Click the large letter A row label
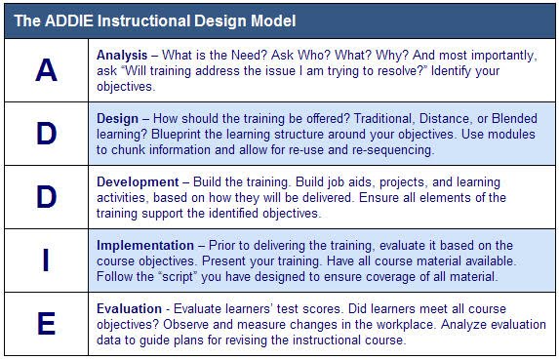pyautogui.click(x=47, y=70)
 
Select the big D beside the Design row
pyautogui.click(x=47, y=134)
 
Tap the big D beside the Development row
pyautogui.click(x=47, y=197)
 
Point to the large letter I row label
pyautogui.click(x=46, y=260)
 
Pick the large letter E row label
pyautogui.click(x=47, y=324)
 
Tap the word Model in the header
pyautogui.click(x=273, y=20)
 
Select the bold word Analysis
pyautogui.click(x=122, y=56)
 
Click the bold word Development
pyautogui.click(x=138, y=182)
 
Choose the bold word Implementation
pyautogui.click(x=145, y=246)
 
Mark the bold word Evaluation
pyautogui.click(x=129, y=308)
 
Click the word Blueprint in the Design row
pyautogui.click(x=175, y=135)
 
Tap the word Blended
pyautogui.click(x=514, y=119)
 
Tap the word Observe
pyautogui.click(x=185, y=324)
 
